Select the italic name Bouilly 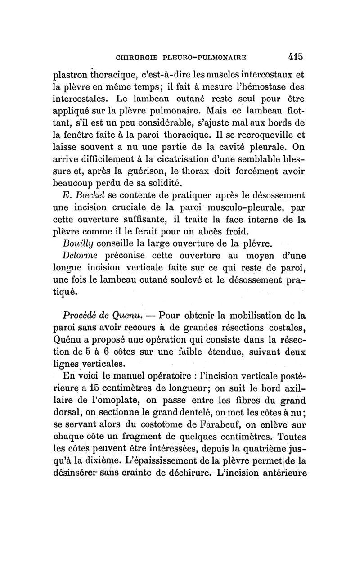click(78, 244)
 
